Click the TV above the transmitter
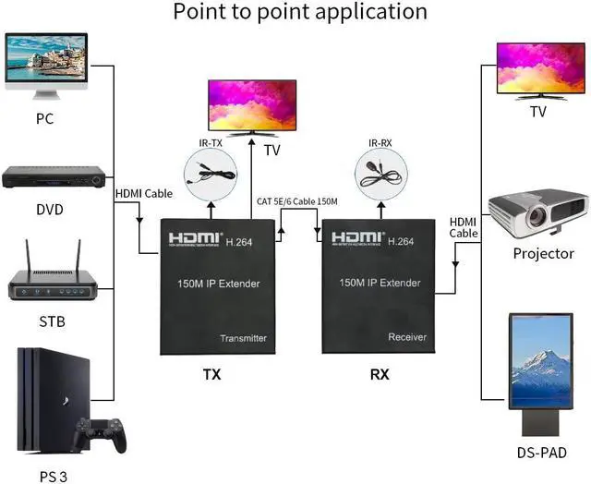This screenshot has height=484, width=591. [251, 105]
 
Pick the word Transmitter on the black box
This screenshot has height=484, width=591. [242, 338]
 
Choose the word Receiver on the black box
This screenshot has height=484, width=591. [407, 337]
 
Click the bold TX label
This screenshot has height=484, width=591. [212, 375]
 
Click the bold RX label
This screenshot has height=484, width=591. [379, 375]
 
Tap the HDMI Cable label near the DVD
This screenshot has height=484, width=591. [144, 194]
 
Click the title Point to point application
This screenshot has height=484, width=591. [300, 12]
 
